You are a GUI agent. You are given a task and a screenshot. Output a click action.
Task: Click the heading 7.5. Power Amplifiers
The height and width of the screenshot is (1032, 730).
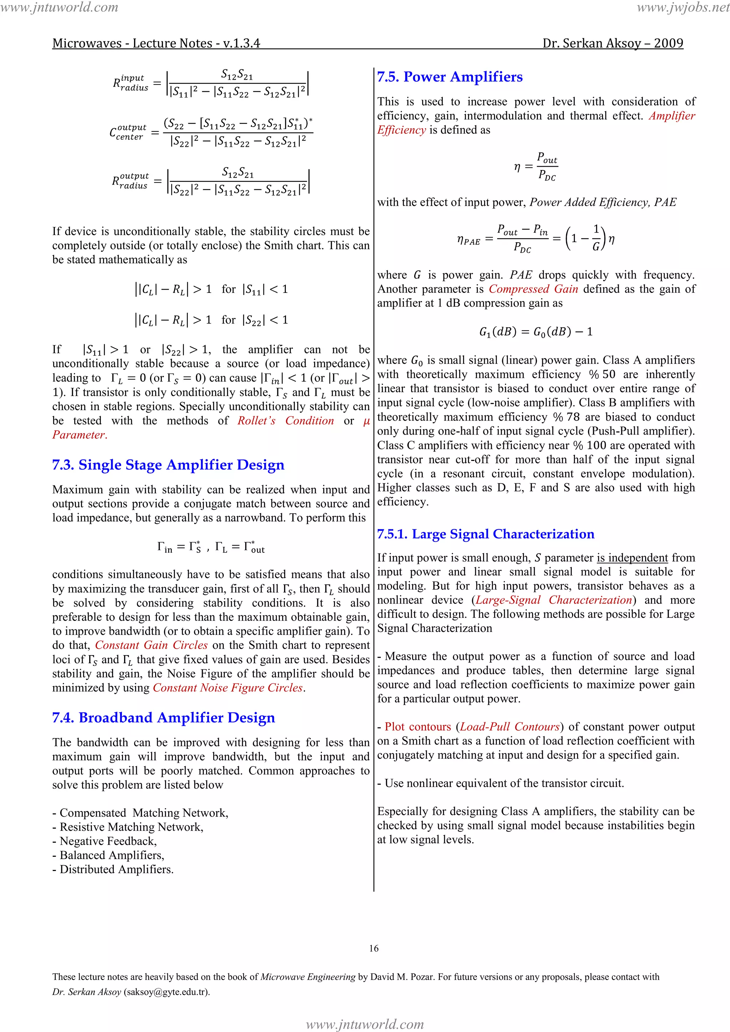tap(450, 77)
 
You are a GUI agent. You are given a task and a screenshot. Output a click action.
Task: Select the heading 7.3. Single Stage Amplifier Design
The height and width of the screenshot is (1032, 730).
tap(168, 465)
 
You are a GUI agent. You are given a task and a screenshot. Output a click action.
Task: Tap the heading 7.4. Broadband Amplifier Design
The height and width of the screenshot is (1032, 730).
tap(163, 717)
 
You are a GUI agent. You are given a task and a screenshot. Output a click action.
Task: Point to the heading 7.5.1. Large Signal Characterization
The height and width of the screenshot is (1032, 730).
tap(486, 534)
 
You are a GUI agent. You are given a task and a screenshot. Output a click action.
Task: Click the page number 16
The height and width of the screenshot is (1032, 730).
tap(374, 948)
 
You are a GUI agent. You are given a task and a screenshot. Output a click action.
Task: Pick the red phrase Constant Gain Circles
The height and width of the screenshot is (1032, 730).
tap(151, 645)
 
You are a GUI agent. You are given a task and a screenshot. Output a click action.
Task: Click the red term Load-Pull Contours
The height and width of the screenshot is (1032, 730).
tap(510, 727)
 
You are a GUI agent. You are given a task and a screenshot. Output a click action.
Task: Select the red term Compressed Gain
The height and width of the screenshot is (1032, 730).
tap(533, 289)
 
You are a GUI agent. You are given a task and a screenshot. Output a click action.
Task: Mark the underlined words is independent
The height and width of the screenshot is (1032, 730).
tap(632, 558)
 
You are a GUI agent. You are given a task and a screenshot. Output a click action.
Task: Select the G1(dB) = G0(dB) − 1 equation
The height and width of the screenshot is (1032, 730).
tap(536, 332)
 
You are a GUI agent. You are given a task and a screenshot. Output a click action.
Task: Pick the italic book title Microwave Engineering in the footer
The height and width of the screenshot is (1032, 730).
tap(308, 977)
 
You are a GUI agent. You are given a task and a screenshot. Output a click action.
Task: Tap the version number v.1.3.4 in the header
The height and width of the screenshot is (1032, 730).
tap(242, 43)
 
